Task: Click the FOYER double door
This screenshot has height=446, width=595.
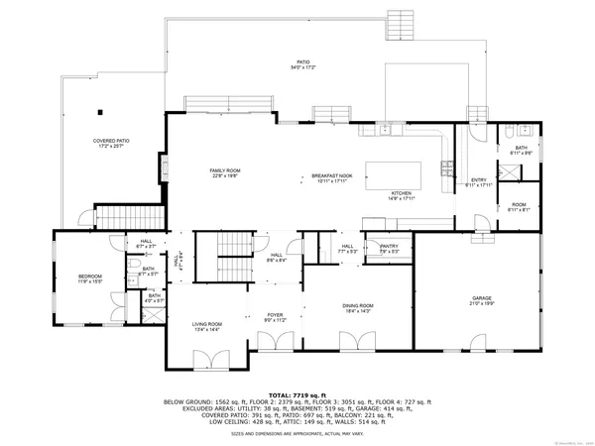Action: coord(275,342)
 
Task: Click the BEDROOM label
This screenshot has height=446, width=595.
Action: coord(91,279)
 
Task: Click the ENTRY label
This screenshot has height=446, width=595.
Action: coord(479,181)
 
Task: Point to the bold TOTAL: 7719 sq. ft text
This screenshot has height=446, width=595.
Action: coord(297,394)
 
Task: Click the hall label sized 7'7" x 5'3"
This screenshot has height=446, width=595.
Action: coord(347,249)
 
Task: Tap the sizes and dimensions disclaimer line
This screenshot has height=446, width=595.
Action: coord(297,433)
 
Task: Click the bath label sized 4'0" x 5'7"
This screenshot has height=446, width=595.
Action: coord(155,298)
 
